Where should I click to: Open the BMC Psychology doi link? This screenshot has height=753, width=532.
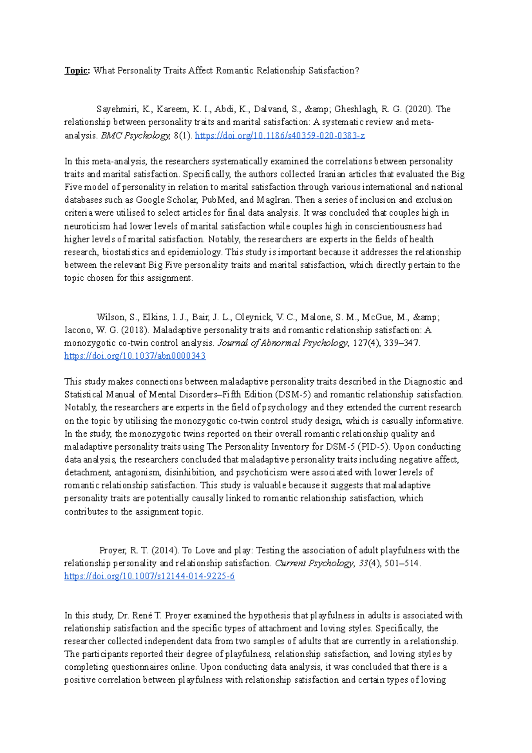point(280,136)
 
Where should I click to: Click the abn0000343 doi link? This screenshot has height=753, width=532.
point(135,356)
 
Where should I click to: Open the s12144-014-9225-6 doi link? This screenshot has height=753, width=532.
point(149,577)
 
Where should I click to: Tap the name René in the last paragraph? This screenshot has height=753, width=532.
point(141,616)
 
